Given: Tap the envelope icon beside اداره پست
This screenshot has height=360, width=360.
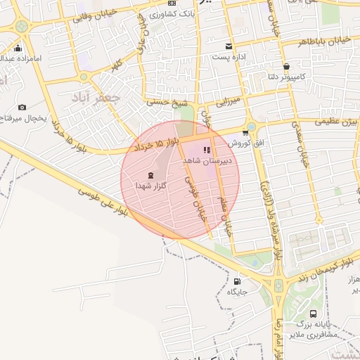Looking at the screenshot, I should tap(229, 46).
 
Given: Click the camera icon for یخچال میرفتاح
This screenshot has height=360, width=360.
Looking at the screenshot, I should tap(22, 108).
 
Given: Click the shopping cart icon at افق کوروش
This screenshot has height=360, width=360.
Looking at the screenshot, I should tap(245, 132).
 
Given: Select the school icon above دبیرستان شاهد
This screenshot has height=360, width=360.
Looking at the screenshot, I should tap(206, 150).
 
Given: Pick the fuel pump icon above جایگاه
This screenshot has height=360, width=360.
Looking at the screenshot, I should tap(235, 281).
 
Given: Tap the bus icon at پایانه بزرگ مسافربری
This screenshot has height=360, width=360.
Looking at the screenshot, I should tap(313, 314).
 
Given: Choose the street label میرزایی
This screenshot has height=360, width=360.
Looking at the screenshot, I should tap(228, 102).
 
